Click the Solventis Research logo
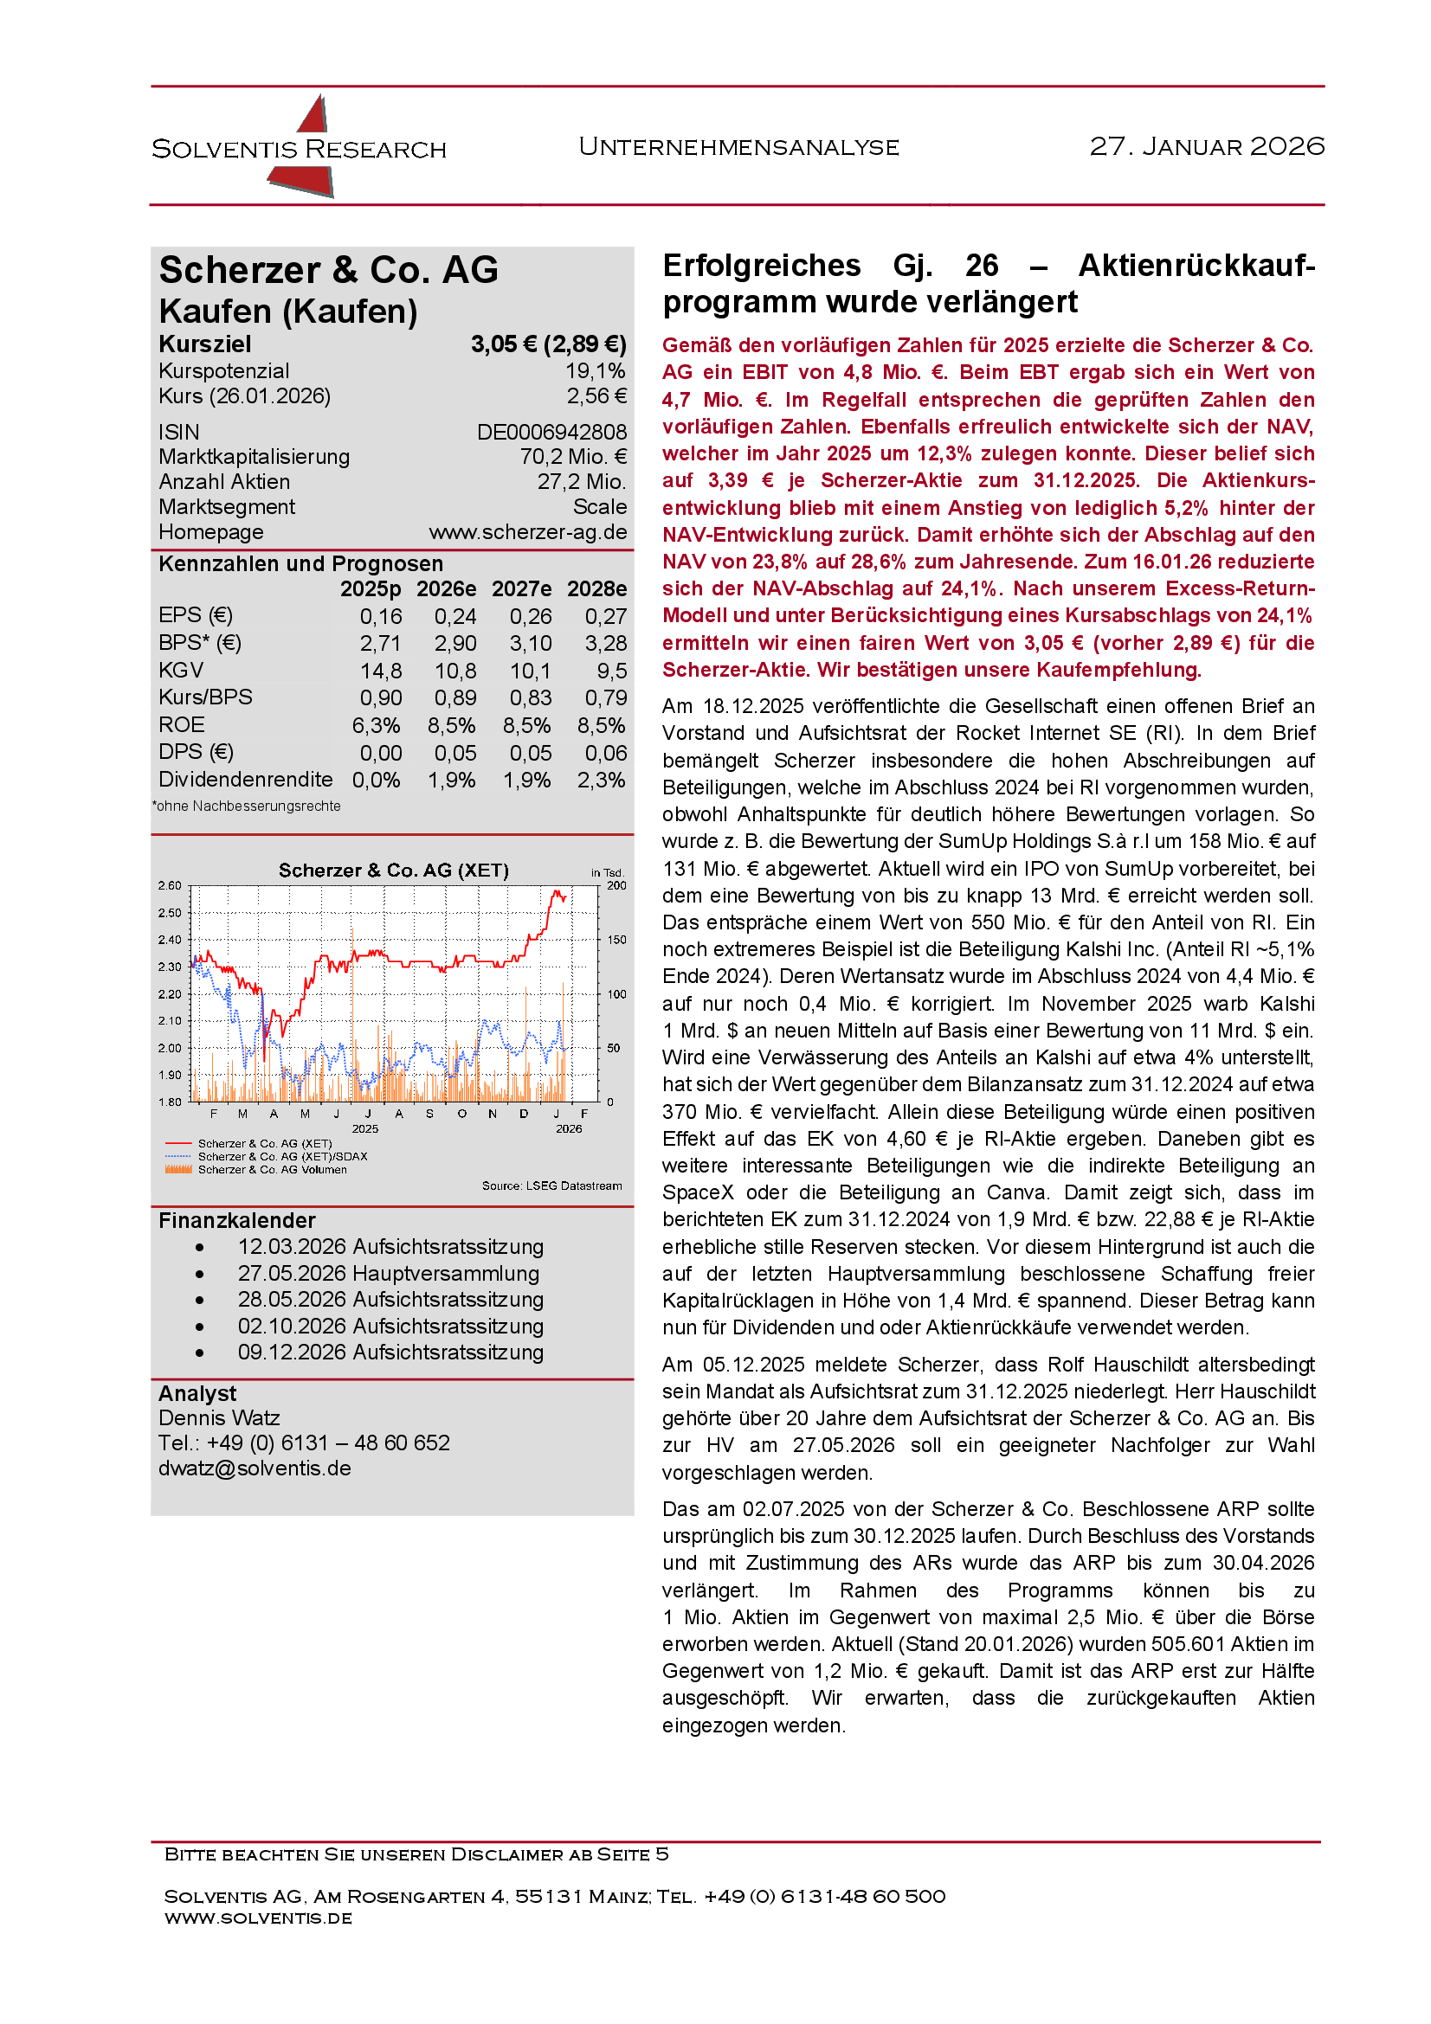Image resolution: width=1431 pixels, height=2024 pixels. point(300,147)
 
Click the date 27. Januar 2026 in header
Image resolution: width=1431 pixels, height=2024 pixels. point(1206,146)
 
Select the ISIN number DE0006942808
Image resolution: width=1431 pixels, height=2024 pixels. point(551,432)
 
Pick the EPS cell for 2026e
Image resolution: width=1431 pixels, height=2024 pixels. point(455,616)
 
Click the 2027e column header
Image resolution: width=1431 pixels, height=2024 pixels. point(521,589)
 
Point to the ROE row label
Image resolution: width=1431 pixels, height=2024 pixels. point(182,724)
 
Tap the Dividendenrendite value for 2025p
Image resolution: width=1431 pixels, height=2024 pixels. point(377,781)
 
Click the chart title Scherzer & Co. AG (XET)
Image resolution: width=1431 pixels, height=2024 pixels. point(393,870)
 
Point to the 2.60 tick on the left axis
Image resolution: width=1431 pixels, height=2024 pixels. point(170,885)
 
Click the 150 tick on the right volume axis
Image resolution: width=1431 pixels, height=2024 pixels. point(616,940)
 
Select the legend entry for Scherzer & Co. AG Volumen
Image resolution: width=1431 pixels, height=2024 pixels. point(272,1170)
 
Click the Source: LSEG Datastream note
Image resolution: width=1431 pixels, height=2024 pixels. point(551,1185)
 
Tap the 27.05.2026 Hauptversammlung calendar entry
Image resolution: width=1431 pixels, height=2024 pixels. point(388,1273)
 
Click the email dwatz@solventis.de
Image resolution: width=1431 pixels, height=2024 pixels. point(254,1468)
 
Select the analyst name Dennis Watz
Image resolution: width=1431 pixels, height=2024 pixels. point(219,1417)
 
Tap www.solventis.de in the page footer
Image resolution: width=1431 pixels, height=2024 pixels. point(257,1918)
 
